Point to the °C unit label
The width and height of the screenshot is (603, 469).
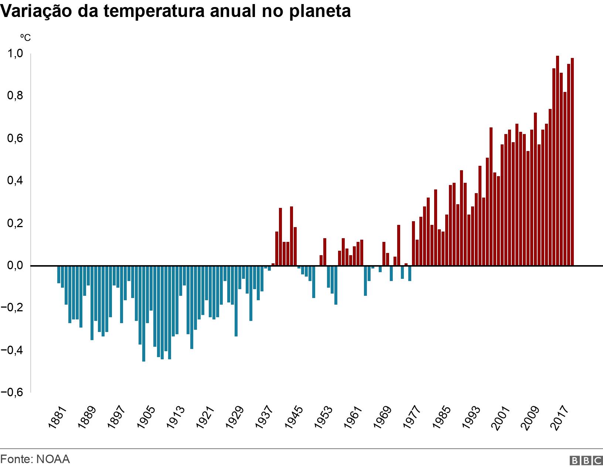point(25,38)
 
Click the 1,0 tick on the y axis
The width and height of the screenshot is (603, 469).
point(15,54)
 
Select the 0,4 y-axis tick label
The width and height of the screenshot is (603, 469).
point(15,181)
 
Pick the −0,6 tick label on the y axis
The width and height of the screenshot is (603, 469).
point(12,393)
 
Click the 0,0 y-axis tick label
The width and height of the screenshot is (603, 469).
point(15,266)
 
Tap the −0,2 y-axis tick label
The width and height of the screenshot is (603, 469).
point(12,308)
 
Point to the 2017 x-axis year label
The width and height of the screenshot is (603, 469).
point(559,417)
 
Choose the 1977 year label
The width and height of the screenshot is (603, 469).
point(412,417)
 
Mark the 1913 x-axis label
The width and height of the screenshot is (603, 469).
point(176,417)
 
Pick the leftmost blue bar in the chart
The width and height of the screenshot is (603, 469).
point(59,274)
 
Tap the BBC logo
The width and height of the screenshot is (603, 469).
point(586,460)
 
